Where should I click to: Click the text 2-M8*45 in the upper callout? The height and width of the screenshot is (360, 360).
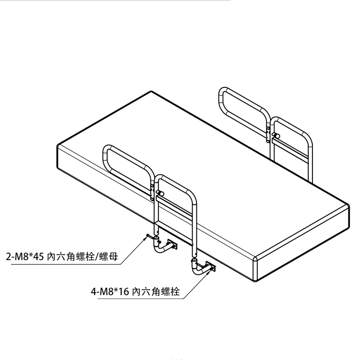point(25,257)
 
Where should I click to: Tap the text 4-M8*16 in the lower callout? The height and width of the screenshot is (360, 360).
point(110,291)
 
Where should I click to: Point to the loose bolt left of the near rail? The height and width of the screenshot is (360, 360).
point(146,236)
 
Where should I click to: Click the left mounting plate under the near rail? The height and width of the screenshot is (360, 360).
point(172,245)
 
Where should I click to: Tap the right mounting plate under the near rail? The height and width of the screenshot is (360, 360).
point(211,266)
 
